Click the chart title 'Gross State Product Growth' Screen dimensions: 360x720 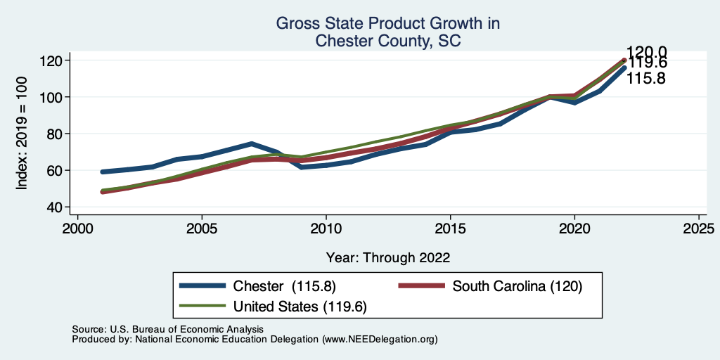click(x=387, y=24)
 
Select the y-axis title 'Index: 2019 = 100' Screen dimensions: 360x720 click(x=22, y=134)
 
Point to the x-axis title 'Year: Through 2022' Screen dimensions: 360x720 click(x=387, y=257)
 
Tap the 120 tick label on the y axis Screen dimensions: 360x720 click(x=56, y=60)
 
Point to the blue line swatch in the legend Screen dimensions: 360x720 click(x=203, y=286)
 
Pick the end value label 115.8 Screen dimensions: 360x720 click(x=646, y=79)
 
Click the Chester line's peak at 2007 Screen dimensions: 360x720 click(x=251, y=143)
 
